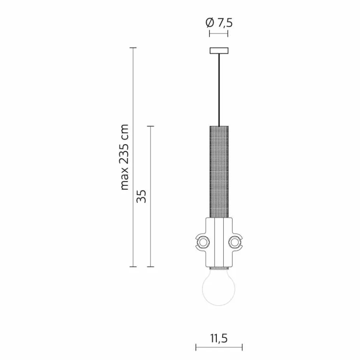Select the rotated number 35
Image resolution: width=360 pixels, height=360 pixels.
(141, 196)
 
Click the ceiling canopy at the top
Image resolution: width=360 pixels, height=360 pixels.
(219, 50)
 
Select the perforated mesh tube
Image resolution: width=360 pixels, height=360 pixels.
(219, 171)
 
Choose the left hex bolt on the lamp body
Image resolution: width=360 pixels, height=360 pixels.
(203, 242)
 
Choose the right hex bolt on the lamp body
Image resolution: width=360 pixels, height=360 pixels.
(235, 242)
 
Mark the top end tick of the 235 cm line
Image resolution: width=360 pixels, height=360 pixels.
(133, 48)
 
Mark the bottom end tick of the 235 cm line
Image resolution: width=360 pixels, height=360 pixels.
(133, 266)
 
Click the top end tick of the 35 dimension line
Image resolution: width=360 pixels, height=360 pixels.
(151, 126)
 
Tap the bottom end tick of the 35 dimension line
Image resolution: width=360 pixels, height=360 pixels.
(151, 266)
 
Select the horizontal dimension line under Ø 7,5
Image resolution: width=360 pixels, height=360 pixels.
(219, 34)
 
